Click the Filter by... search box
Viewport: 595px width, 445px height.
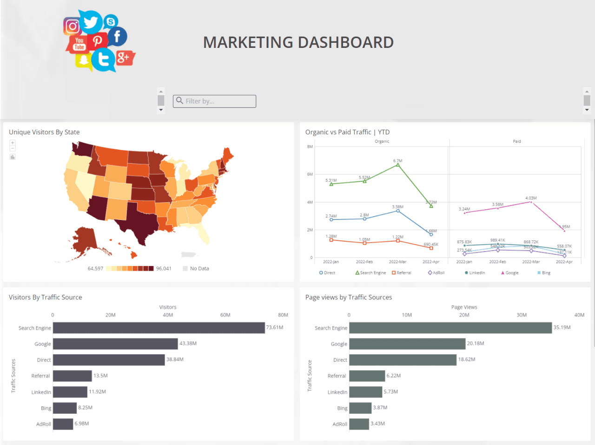coord(214,101)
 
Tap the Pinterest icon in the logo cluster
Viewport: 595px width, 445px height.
coord(97,41)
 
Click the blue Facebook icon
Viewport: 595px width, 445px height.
coord(117,36)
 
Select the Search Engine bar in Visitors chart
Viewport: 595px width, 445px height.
coord(159,328)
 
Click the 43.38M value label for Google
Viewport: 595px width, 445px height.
coord(188,344)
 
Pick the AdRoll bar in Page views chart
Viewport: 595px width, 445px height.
coord(359,424)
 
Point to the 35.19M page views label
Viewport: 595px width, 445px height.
coord(562,328)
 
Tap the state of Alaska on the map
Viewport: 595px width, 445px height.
coord(85,239)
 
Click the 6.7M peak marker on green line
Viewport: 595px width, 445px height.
coord(398,165)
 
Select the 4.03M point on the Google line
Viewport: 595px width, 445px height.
coord(531,202)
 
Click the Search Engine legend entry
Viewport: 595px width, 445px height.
coord(370,273)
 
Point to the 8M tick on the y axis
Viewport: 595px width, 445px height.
coord(310,146)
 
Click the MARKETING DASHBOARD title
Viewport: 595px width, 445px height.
coord(298,42)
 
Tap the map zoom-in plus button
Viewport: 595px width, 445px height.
coord(13,143)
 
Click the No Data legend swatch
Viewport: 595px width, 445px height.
coord(185,269)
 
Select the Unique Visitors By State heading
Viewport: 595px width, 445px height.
coord(44,132)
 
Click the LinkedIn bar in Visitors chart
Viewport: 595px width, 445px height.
coord(70,392)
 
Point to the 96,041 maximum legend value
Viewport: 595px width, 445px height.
coord(164,269)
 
